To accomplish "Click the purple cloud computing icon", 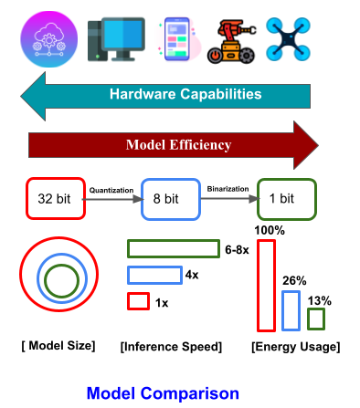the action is (x=48, y=39).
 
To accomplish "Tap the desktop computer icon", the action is (x=116, y=39).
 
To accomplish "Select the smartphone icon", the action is (x=177, y=39).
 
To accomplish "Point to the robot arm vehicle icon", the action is (x=232, y=41).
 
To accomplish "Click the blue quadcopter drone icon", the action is (x=288, y=39).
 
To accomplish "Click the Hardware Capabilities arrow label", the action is (x=185, y=94).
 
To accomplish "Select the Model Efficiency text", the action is (x=179, y=145).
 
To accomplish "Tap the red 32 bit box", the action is (x=56, y=199).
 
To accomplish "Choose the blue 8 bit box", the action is (x=171, y=199).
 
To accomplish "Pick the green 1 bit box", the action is (x=287, y=199).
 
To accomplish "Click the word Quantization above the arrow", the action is (x=111, y=190).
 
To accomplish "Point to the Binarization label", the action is (x=228, y=189).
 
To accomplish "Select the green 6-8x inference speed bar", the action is (x=174, y=249).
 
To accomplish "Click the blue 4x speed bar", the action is (x=154, y=276).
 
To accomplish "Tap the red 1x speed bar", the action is (x=138, y=301).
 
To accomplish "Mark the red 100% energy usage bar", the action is (x=267, y=286).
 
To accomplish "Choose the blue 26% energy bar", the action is (x=291, y=310).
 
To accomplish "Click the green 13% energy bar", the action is (x=316, y=319).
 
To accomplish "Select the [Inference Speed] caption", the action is (x=171, y=347).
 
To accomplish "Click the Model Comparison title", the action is (x=163, y=393).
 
